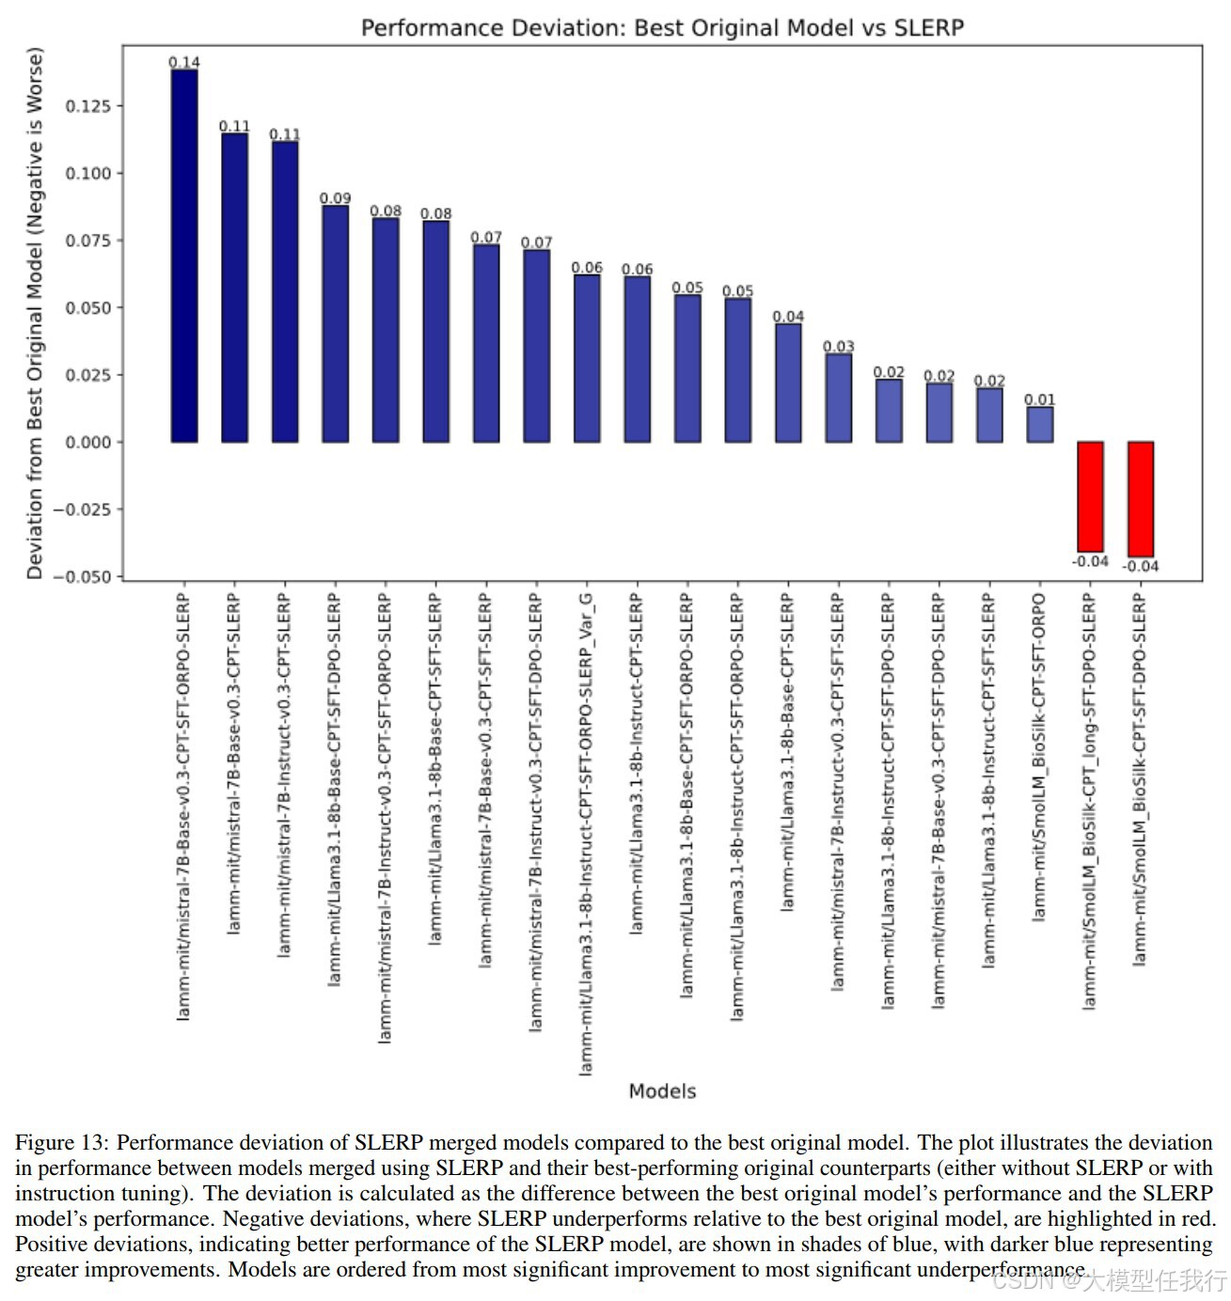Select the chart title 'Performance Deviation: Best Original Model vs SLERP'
662,27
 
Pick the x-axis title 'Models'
662,1091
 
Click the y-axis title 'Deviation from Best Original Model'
35,313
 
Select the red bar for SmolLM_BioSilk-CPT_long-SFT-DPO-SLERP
1090,496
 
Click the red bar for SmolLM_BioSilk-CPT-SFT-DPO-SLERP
1140,499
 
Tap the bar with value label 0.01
1039,424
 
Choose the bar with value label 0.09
335,323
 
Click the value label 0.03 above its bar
838,347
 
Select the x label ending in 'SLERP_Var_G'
586,833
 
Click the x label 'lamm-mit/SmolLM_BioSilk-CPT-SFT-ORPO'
1039,756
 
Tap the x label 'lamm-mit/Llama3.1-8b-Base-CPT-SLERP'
787,752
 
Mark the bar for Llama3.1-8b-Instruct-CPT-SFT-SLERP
989,415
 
